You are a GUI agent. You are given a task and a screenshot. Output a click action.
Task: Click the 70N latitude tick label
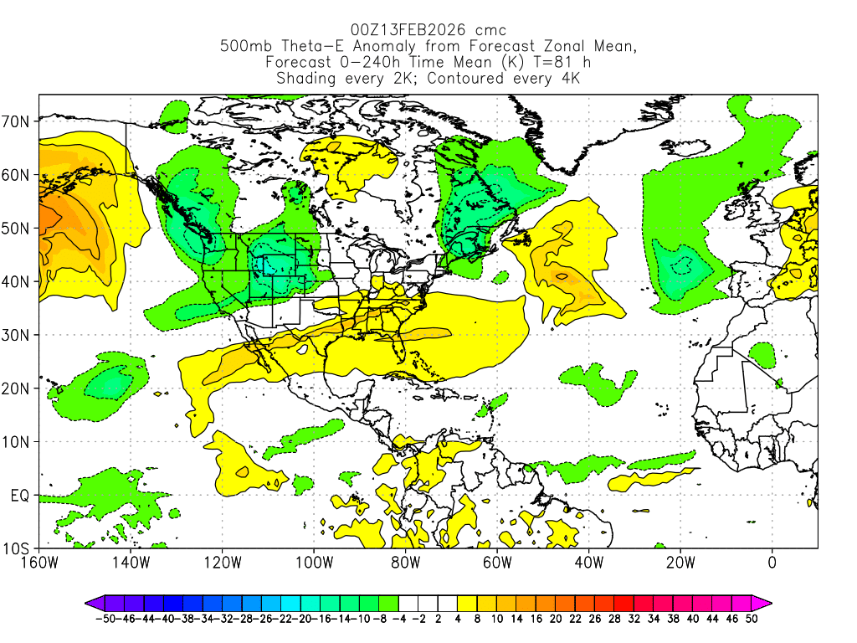pos(17,121)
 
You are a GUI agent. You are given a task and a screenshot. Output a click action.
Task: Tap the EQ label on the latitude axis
pos(21,496)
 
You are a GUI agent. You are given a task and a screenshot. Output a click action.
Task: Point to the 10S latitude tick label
pos(17,549)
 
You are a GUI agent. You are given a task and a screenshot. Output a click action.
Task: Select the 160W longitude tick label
pos(38,563)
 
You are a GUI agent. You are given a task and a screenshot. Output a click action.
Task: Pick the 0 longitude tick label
pos(772,563)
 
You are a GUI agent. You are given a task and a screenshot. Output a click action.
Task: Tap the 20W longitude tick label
pos(680,563)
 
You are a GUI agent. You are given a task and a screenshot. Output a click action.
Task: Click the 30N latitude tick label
pos(17,335)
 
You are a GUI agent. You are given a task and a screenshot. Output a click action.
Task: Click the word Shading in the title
pos(307,79)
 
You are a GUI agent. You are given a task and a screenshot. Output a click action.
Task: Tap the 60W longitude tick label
pos(496,563)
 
